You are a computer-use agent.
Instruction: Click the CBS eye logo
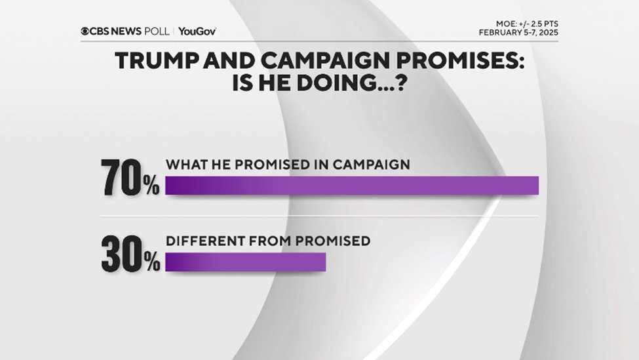(85, 31)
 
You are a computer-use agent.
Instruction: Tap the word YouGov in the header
(197, 31)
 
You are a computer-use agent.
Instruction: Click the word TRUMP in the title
(151, 61)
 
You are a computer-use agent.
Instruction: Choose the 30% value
(130, 254)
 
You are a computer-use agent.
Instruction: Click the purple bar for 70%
(351, 186)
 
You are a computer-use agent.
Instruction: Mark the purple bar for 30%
(245, 262)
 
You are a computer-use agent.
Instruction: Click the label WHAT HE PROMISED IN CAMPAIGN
(288, 165)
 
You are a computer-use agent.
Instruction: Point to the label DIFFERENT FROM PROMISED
(268, 241)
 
